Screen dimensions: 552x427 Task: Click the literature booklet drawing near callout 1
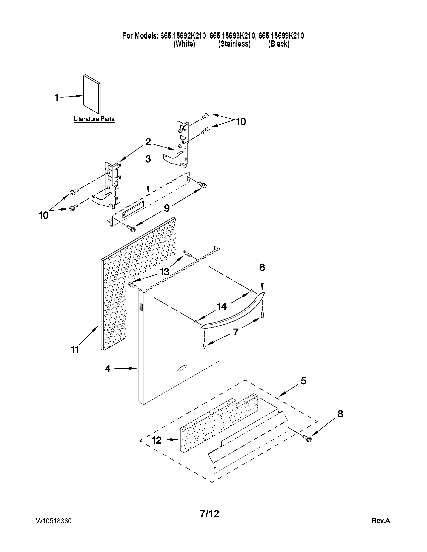tap(92, 94)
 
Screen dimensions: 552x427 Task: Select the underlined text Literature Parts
tap(94, 119)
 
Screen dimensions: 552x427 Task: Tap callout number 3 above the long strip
tap(148, 159)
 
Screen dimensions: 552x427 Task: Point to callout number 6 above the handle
tap(262, 267)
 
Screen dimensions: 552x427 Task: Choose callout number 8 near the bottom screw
tap(340, 414)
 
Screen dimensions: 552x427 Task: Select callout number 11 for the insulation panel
tap(75, 350)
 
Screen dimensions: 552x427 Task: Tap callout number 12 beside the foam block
tap(157, 440)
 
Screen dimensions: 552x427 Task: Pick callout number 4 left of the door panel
tap(108, 368)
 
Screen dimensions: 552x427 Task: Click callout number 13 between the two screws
tap(164, 272)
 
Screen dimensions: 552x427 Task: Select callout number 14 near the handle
tap(222, 306)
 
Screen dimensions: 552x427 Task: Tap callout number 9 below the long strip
tap(167, 208)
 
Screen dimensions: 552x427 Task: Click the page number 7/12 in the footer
tap(209, 514)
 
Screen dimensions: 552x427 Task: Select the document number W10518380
tap(54, 521)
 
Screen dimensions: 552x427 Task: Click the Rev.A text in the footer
tap(381, 521)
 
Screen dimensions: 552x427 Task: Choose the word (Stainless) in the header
tap(234, 44)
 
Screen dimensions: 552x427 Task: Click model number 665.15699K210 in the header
tap(281, 36)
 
